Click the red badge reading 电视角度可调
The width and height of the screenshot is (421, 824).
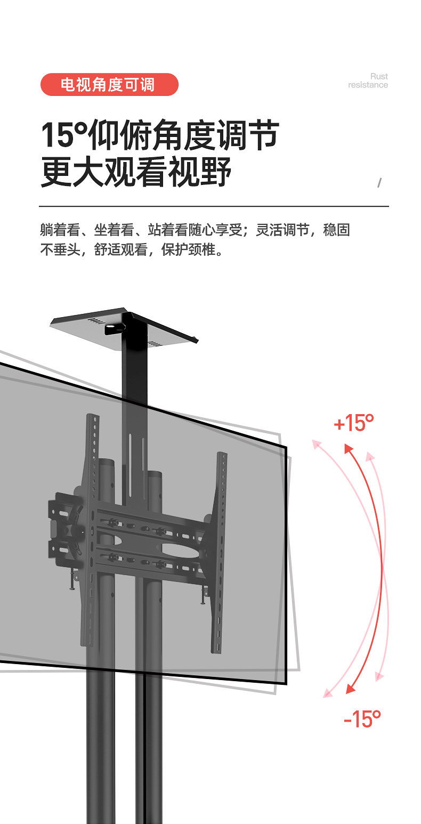[109, 85]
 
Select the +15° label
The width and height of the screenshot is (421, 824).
[353, 424]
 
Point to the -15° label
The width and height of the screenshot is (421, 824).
[362, 718]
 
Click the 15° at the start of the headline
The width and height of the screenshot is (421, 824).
[64, 136]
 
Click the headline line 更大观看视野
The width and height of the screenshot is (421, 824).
[136, 172]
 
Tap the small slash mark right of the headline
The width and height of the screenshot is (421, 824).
[379, 182]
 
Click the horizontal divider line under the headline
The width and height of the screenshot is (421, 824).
[213, 206]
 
